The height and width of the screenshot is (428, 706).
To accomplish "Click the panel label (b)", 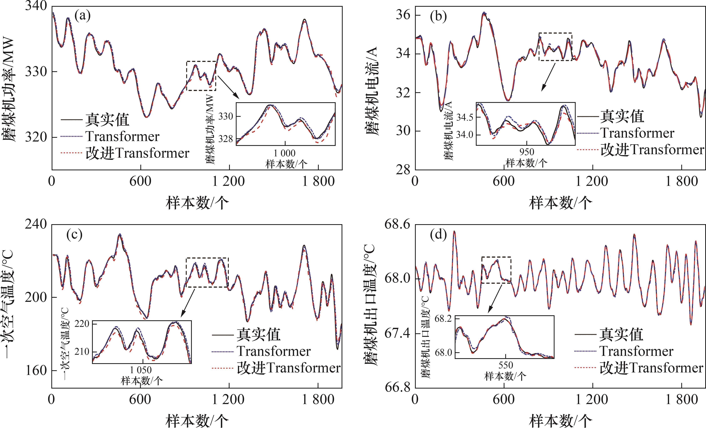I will (438, 17).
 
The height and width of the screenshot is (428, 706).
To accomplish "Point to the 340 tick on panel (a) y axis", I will (36, 6).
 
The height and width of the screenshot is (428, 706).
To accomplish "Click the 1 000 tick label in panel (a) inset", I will (284, 153).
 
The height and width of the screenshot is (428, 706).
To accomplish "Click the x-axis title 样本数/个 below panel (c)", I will (197, 420).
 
